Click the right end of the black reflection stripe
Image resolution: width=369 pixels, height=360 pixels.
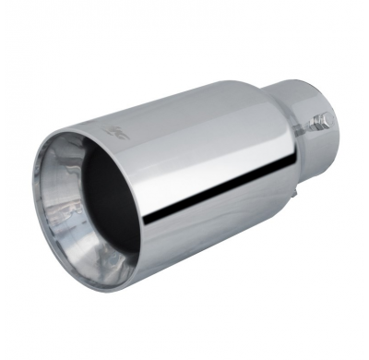click(x=294, y=171)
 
